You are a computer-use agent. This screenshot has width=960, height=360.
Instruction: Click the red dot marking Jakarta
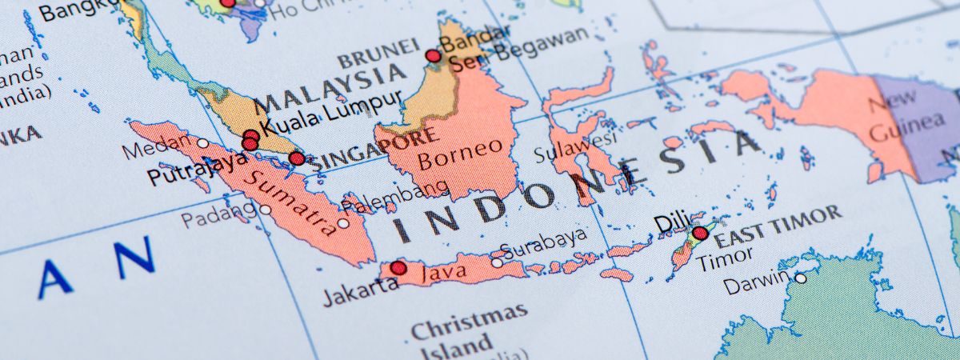(x=398, y=267)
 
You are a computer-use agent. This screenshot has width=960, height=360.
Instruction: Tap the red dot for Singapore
(x=297, y=158)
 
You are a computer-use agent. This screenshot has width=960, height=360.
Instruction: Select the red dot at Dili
(x=700, y=234)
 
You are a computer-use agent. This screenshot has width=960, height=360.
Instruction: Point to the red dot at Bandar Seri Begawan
(x=433, y=56)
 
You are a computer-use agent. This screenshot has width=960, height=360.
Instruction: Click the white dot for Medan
(x=203, y=144)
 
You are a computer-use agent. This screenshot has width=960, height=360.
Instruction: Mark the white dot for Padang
(x=265, y=210)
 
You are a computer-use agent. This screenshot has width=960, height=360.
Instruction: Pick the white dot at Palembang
(x=343, y=223)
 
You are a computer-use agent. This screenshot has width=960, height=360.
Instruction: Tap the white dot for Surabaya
(x=497, y=262)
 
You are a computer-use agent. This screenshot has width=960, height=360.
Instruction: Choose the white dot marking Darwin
(x=799, y=278)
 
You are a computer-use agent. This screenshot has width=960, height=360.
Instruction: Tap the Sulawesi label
(x=575, y=146)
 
